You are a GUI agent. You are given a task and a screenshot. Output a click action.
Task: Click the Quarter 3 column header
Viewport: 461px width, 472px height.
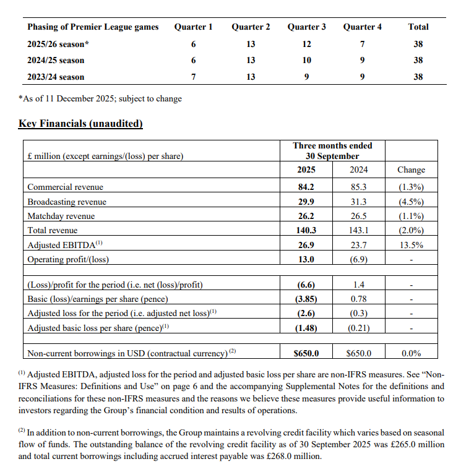(x=306, y=27)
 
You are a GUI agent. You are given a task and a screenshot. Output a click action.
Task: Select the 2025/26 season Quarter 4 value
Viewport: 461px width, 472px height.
(x=362, y=44)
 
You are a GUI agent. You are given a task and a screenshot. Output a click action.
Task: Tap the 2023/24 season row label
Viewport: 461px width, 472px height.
(x=56, y=77)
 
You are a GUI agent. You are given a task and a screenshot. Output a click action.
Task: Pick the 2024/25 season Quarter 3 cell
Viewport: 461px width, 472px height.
(x=306, y=60)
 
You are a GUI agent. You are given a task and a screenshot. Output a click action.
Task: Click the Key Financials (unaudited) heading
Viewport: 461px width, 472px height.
(x=80, y=124)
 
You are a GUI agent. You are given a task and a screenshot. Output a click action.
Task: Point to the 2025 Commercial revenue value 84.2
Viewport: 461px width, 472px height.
(x=306, y=187)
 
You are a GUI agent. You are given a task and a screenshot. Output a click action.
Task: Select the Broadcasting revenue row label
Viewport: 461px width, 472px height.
(x=67, y=202)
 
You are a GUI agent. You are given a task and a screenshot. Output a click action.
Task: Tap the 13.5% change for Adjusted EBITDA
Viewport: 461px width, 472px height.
(x=411, y=245)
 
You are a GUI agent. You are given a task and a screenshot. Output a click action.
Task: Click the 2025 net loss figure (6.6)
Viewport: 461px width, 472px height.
(x=306, y=285)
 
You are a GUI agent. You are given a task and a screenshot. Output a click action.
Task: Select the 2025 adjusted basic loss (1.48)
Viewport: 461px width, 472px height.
(x=306, y=328)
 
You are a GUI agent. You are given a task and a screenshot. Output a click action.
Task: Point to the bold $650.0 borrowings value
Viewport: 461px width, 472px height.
(x=306, y=353)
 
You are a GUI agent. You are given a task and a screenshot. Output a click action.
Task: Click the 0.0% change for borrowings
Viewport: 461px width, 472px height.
(x=411, y=353)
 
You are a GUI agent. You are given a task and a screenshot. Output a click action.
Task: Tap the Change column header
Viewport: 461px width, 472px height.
(x=411, y=169)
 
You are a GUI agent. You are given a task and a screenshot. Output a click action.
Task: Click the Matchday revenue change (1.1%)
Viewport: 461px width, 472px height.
(x=411, y=216)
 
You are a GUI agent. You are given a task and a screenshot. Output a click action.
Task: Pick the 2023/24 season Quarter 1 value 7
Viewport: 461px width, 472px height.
(x=193, y=77)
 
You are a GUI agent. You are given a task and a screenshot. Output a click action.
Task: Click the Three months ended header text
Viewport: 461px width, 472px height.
(x=332, y=145)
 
